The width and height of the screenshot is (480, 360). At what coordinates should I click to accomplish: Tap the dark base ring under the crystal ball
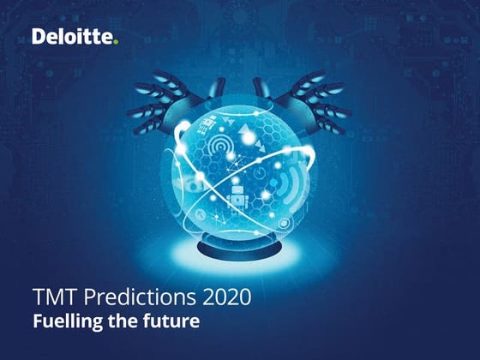pos(239,251)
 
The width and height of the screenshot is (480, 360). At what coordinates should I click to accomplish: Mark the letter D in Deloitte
pos(38,37)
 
